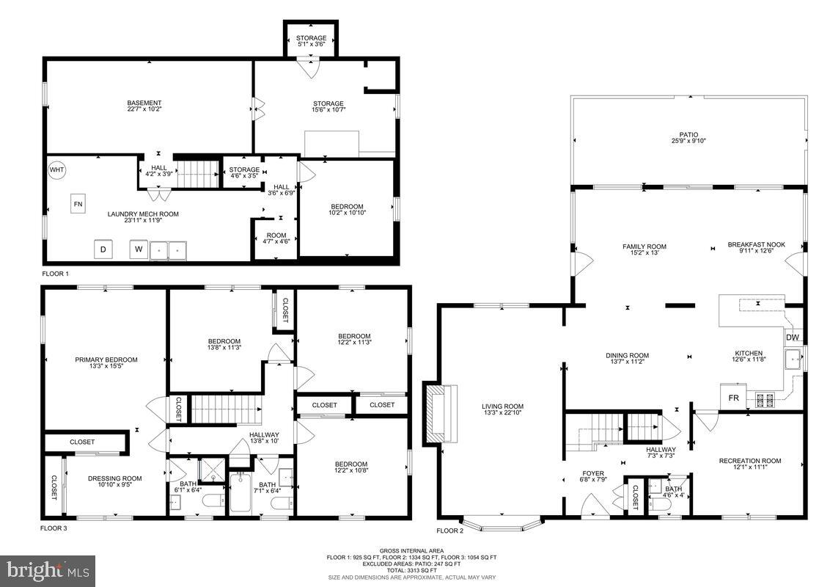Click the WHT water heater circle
pyautogui.click(x=56, y=170)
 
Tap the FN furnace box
pyautogui.click(x=78, y=203)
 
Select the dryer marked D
pyautogui.click(x=103, y=249)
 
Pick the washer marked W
pyautogui.click(x=138, y=249)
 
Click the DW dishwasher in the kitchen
pyautogui.click(x=793, y=338)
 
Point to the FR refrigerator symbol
pyautogui.click(x=732, y=397)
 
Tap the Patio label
pyautogui.click(x=688, y=138)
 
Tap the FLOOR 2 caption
pyautogui.click(x=450, y=531)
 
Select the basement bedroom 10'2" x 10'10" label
pyautogui.click(x=348, y=210)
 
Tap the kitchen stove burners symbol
pyautogui.click(x=765, y=400)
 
